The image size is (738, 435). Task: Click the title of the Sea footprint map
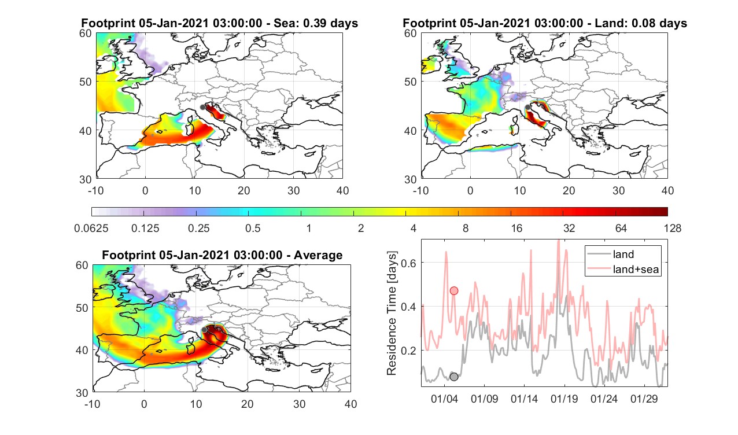[219, 23]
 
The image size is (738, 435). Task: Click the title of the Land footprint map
[545, 23]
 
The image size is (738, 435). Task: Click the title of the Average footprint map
[222, 255]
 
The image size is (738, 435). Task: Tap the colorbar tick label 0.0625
[91, 228]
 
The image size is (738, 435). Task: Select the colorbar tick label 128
[673, 228]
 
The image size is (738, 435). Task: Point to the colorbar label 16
[516, 228]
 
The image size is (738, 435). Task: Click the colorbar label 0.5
[253, 228]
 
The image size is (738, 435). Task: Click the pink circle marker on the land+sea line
[454, 290]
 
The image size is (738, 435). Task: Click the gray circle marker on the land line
[454, 377]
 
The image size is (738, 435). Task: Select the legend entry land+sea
[636, 270]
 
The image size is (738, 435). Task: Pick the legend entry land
[623, 254]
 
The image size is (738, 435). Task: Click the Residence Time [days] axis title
[392, 314]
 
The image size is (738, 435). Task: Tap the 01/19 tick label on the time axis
[564, 399]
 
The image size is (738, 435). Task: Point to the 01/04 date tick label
[444, 399]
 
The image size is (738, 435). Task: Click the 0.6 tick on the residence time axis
[409, 263]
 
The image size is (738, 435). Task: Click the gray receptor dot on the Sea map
[202, 108]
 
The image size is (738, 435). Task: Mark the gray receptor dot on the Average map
[204, 330]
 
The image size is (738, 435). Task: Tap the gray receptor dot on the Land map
[527, 107]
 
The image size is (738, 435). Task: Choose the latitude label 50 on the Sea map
[86, 82]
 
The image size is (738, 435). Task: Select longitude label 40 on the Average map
[350, 404]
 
